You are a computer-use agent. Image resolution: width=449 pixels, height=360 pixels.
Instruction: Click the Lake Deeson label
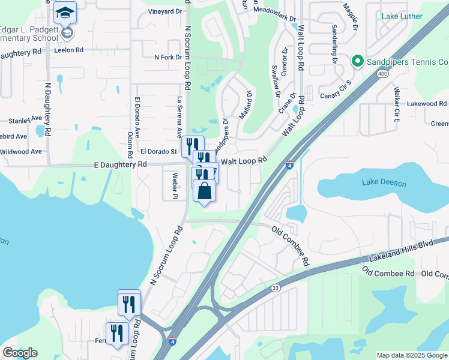pyautogui.click(x=384, y=184)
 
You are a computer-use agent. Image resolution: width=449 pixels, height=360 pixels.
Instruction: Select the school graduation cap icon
pyautogui.click(x=65, y=12)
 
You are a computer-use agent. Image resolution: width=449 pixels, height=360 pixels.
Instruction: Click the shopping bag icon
pyautogui.click(x=205, y=191)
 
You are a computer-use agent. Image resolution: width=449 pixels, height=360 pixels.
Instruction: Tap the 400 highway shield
pyautogui.click(x=382, y=74)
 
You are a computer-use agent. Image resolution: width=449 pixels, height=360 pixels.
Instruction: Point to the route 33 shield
pyautogui.click(x=276, y=289)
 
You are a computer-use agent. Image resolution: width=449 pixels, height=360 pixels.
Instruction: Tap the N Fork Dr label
pyautogui.click(x=168, y=58)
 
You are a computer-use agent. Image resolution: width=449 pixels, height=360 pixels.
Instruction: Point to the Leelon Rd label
pyautogui.click(x=68, y=50)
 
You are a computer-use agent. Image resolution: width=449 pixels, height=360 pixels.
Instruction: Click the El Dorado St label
pyautogui.click(x=158, y=152)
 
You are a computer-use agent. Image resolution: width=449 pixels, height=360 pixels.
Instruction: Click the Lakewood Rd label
pyautogui.click(x=426, y=104)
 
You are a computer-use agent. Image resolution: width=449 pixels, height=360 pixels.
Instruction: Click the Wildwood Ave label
pyautogui.click(x=20, y=151)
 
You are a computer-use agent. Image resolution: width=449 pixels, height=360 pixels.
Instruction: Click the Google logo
pyautogui.click(x=20, y=353)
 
